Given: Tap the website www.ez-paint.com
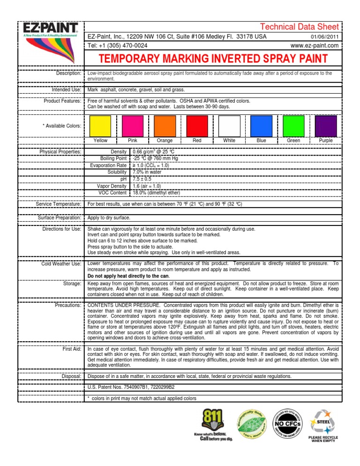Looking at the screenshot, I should [315, 45].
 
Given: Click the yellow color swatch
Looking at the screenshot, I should [100, 125].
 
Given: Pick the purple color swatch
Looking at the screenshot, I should [326, 125].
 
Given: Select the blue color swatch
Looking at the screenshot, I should [261, 125].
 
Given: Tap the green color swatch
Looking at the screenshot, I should [293, 125].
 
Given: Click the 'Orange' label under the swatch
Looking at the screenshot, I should [165, 141].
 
